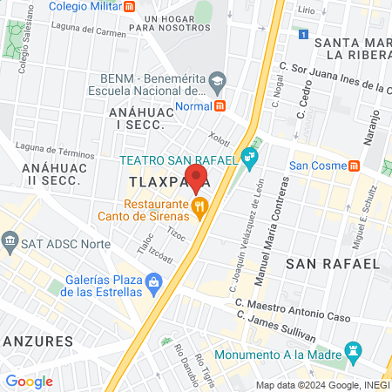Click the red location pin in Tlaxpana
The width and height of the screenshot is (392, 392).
tap(196, 178)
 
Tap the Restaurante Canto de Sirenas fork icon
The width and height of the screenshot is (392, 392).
tap(200, 206)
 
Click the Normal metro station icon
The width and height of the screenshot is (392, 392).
tap(220, 106)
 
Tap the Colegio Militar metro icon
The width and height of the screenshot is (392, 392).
tap(130, 6)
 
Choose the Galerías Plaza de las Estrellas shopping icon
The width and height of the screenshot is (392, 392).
tap(154, 281)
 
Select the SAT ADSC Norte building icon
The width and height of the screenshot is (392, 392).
tap(10, 239)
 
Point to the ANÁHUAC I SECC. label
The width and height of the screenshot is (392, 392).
tap(135, 119)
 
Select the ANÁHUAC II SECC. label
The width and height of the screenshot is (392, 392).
tap(51, 173)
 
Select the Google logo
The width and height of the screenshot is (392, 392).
tap(29, 381)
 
